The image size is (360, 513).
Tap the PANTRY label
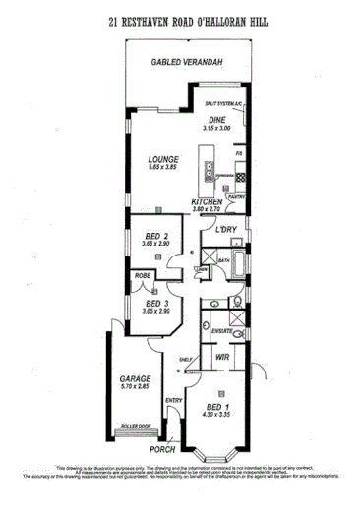click(235, 197)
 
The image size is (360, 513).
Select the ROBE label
click(143, 276)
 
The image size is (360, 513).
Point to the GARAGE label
click(135, 377)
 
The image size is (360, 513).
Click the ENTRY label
click(174, 400)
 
